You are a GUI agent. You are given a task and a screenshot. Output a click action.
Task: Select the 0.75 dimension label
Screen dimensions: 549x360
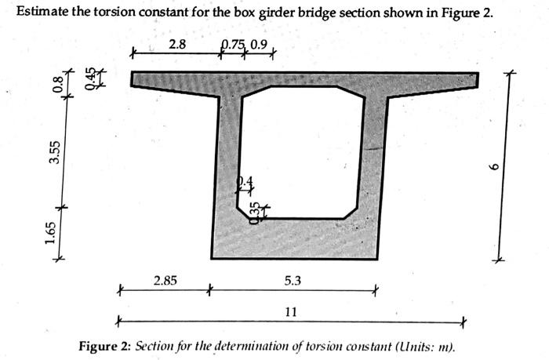232,45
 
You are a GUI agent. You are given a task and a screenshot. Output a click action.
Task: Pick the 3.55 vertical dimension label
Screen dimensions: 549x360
54,151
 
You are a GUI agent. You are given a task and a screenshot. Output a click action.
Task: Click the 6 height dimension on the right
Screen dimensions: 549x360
493,166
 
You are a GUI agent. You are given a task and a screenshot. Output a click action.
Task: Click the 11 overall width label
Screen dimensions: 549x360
290,311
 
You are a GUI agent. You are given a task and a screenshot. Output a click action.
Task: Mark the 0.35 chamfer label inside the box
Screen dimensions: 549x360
253,213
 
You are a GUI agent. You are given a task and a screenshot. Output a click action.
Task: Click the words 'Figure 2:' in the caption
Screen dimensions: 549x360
107,346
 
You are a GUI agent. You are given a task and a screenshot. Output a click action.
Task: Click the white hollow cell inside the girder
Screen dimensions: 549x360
302,153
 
